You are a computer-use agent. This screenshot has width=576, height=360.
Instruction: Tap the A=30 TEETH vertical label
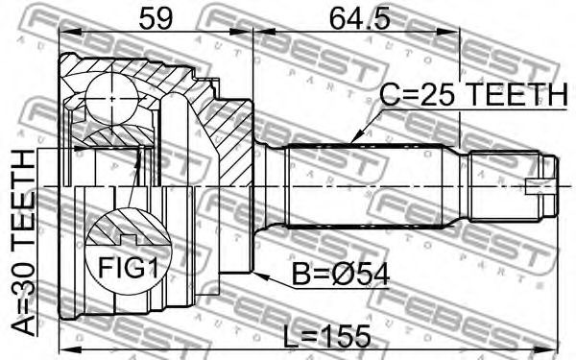coord(23,244)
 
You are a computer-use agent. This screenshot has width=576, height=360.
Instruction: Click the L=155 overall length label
coord(327,336)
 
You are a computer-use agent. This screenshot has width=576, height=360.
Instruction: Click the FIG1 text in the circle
coord(129,267)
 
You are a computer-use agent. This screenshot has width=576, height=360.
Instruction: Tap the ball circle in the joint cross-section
coord(112,99)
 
